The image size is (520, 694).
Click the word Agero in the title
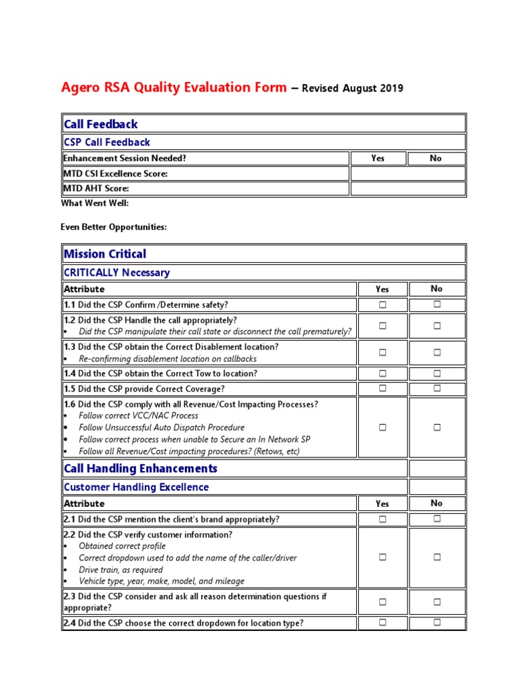coord(80,87)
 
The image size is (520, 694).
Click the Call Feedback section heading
coord(100,124)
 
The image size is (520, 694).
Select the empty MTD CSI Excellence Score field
coord(408,173)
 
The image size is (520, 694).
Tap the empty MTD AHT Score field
coord(408,188)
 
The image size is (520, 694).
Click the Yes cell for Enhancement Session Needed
coord(378,159)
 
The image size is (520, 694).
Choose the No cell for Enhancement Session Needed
coord(436,159)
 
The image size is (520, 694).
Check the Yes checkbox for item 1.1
coord(383,305)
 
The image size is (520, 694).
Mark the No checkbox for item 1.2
coord(437,326)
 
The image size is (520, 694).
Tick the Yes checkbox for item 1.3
coord(383,352)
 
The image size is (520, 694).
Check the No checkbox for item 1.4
coord(437,373)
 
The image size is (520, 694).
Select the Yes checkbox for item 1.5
coord(383,388)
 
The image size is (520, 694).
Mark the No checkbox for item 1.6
coord(437,428)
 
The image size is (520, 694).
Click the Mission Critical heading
coord(104,254)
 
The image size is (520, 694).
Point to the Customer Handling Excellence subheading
coord(135,487)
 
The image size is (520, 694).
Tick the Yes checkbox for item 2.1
coord(383,519)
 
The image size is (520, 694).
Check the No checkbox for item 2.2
coord(437,557)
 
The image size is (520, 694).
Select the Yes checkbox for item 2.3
coord(383,602)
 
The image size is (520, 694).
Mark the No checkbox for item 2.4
coord(437,622)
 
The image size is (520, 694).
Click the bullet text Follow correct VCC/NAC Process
coord(138,415)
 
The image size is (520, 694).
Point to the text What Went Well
coord(95,203)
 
